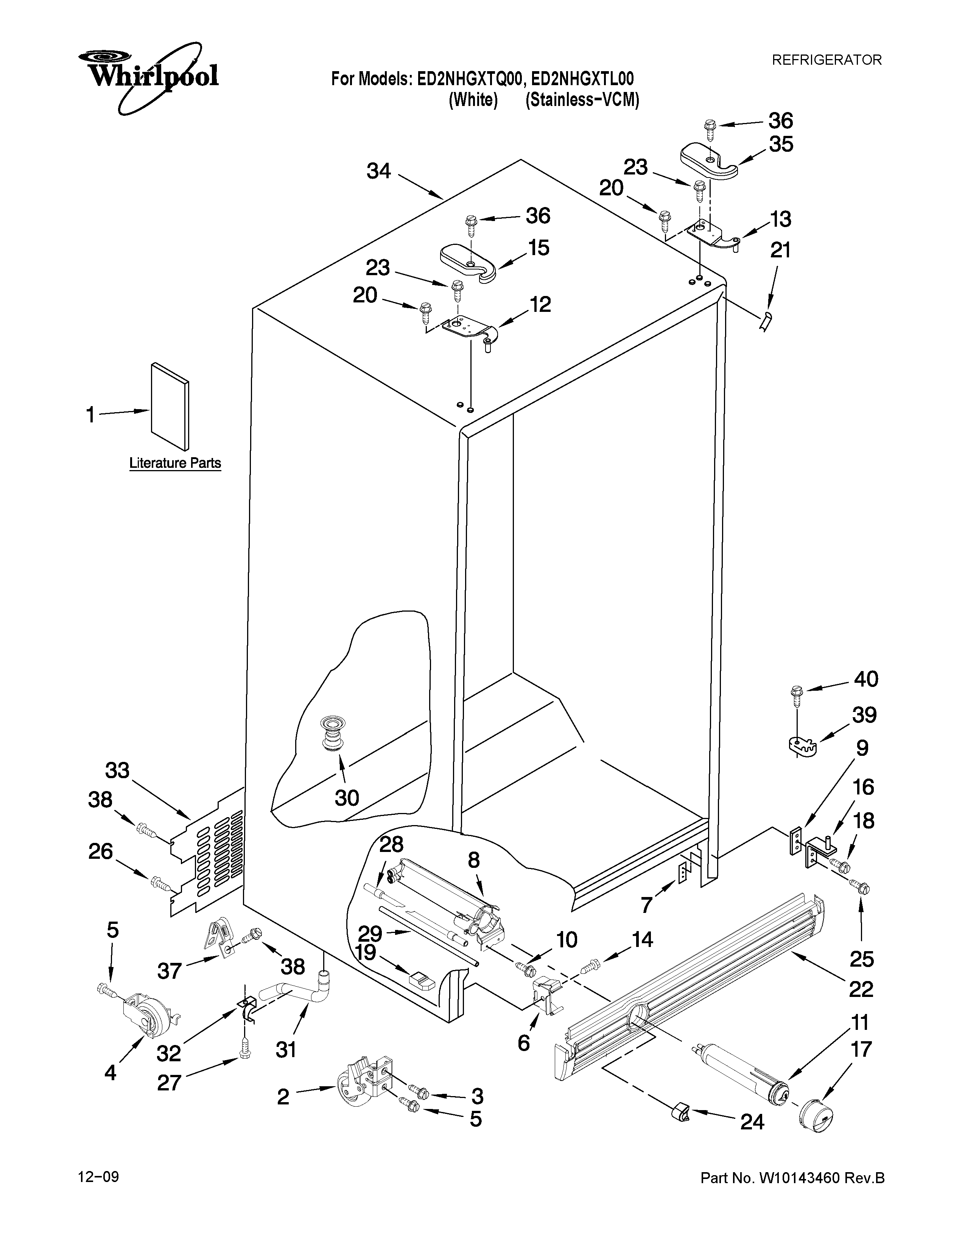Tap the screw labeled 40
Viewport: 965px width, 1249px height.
point(796,693)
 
